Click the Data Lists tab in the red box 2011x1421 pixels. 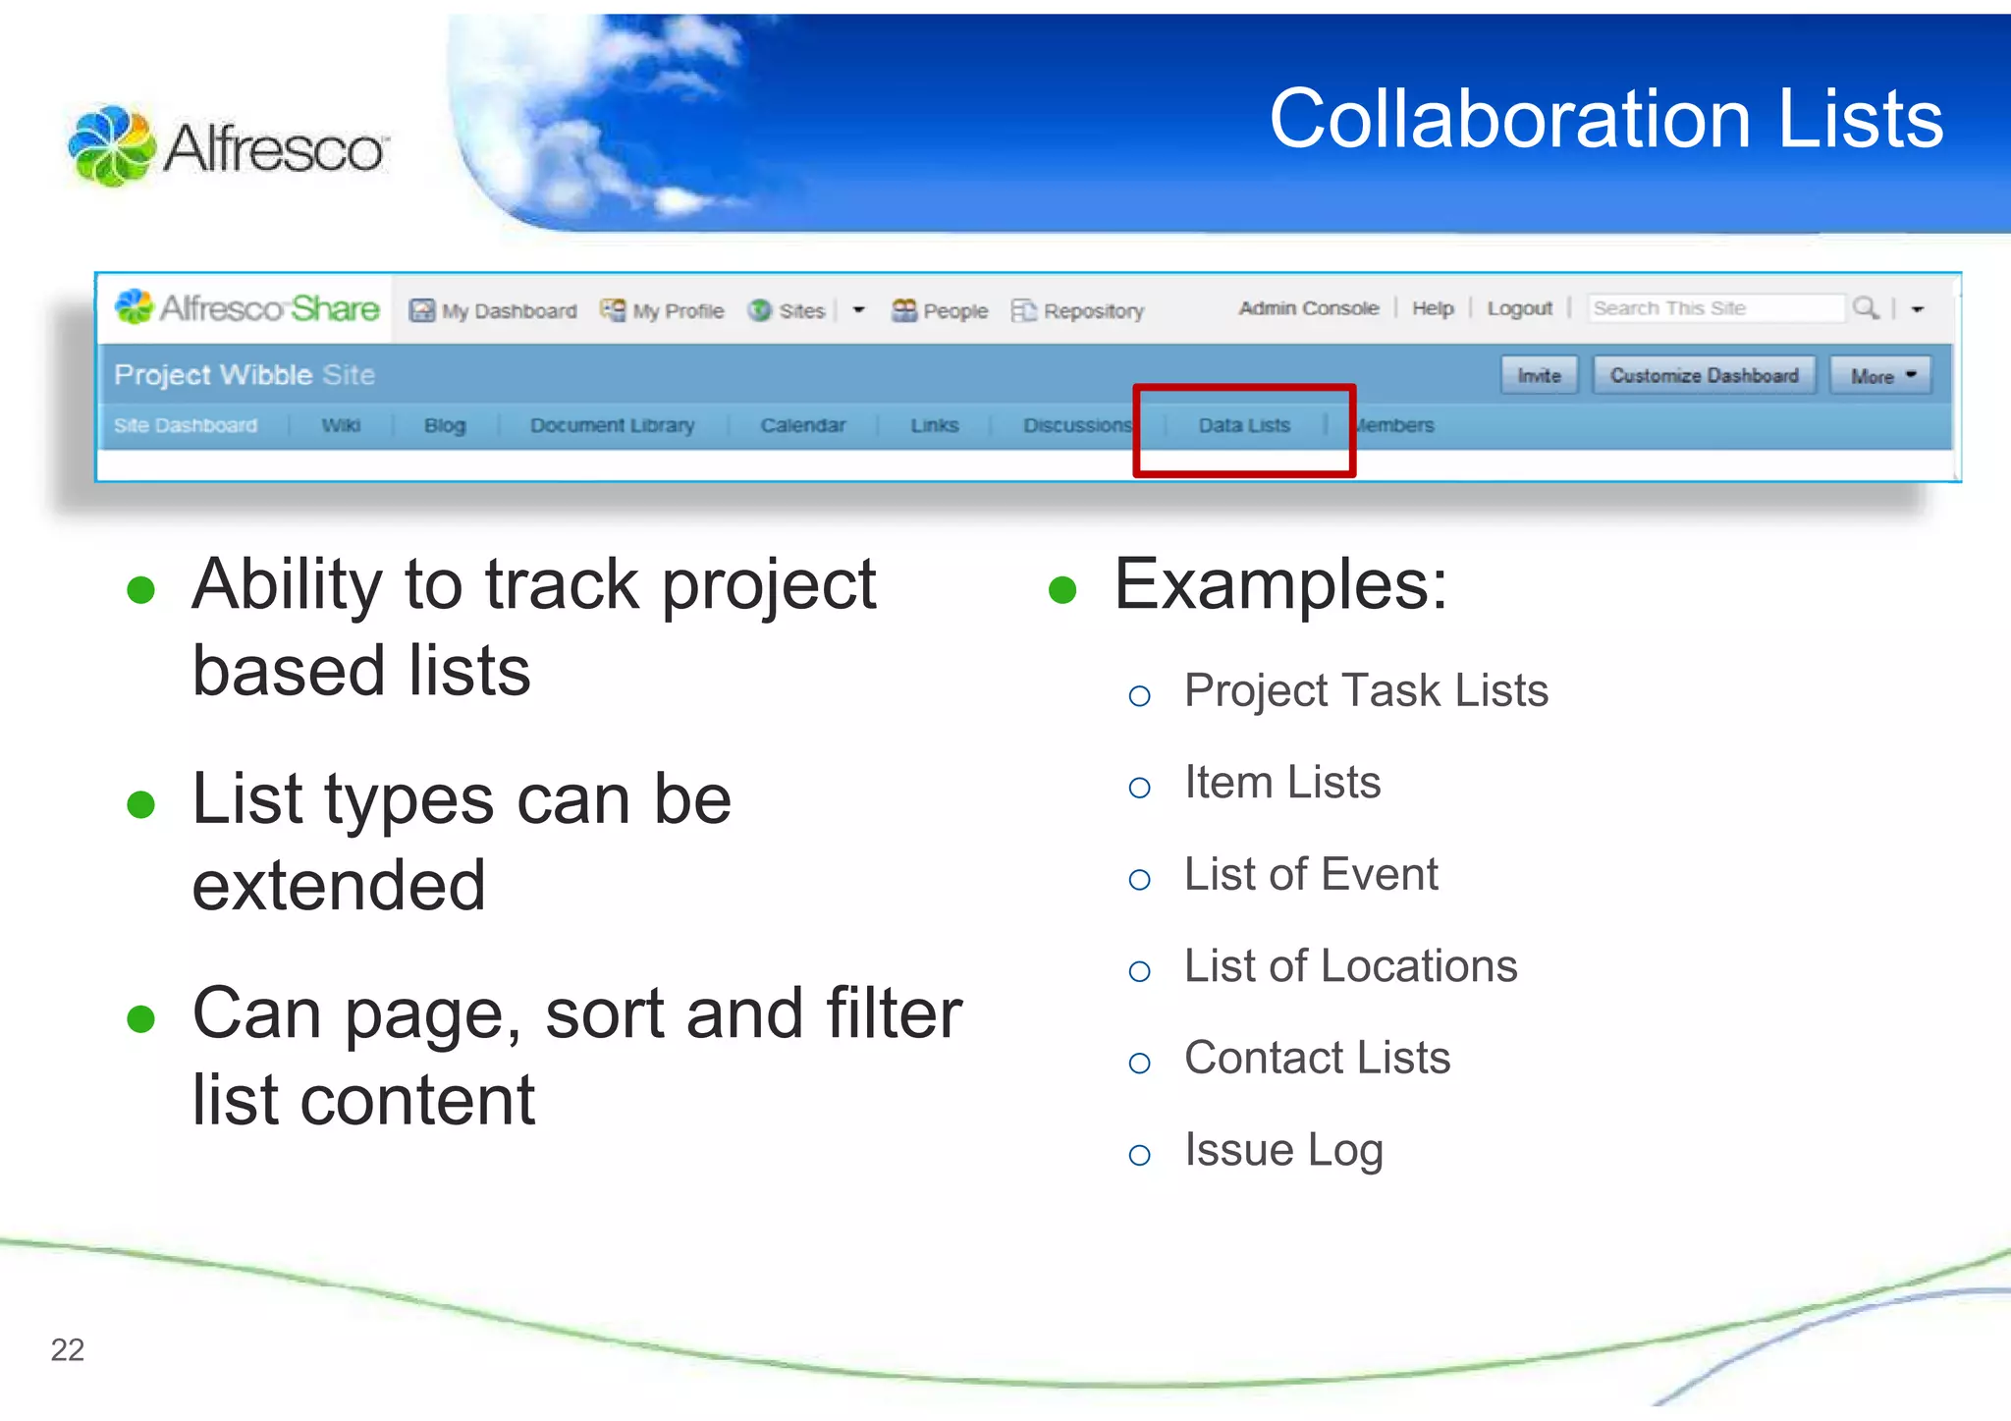[x=1243, y=426]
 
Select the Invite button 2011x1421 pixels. [x=1539, y=376]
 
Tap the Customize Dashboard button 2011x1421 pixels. [x=1704, y=376]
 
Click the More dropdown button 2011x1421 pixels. [x=1880, y=376]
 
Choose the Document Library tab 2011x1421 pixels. [x=612, y=426]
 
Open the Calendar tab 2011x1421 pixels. [x=802, y=426]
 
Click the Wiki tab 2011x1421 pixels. [x=341, y=426]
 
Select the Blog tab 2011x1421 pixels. [x=445, y=426]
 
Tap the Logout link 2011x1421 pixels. [x=1519, y=309]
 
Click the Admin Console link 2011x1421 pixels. [x=1308, y=309]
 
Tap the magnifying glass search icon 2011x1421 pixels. [x=1865, y=309]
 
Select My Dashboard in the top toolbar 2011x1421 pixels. [x=494, y=311]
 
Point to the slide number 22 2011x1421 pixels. [x=68, y=1350]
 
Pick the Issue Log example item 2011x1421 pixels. [x=1283, y=1150]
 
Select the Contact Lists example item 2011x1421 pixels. [x=1317, y=1059]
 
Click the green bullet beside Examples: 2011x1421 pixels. [x=1062, y=590]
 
